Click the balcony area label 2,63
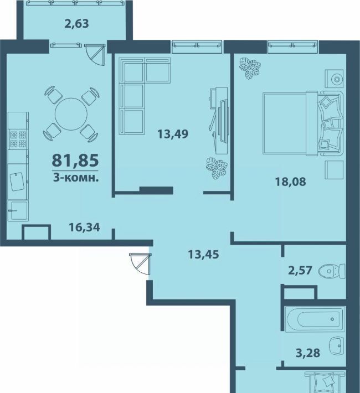click(77, 24)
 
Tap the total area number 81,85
click(75, 161)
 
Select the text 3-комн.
click(75, 178)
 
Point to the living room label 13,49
click(173, 134)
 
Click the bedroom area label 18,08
click(291, 182)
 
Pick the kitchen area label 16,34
click(84, 227)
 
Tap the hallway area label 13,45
click(203, 255)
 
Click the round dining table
click(71, 114)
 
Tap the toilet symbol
click(332, 271)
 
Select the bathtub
click(315, 319)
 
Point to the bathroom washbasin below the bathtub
click(337, 346)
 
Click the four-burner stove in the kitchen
click(18, 139)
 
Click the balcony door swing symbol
click(95, 55)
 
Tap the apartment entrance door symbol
click(141, 264)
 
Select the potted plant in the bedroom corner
click(250, 68)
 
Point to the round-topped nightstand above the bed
click(334, 79)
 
